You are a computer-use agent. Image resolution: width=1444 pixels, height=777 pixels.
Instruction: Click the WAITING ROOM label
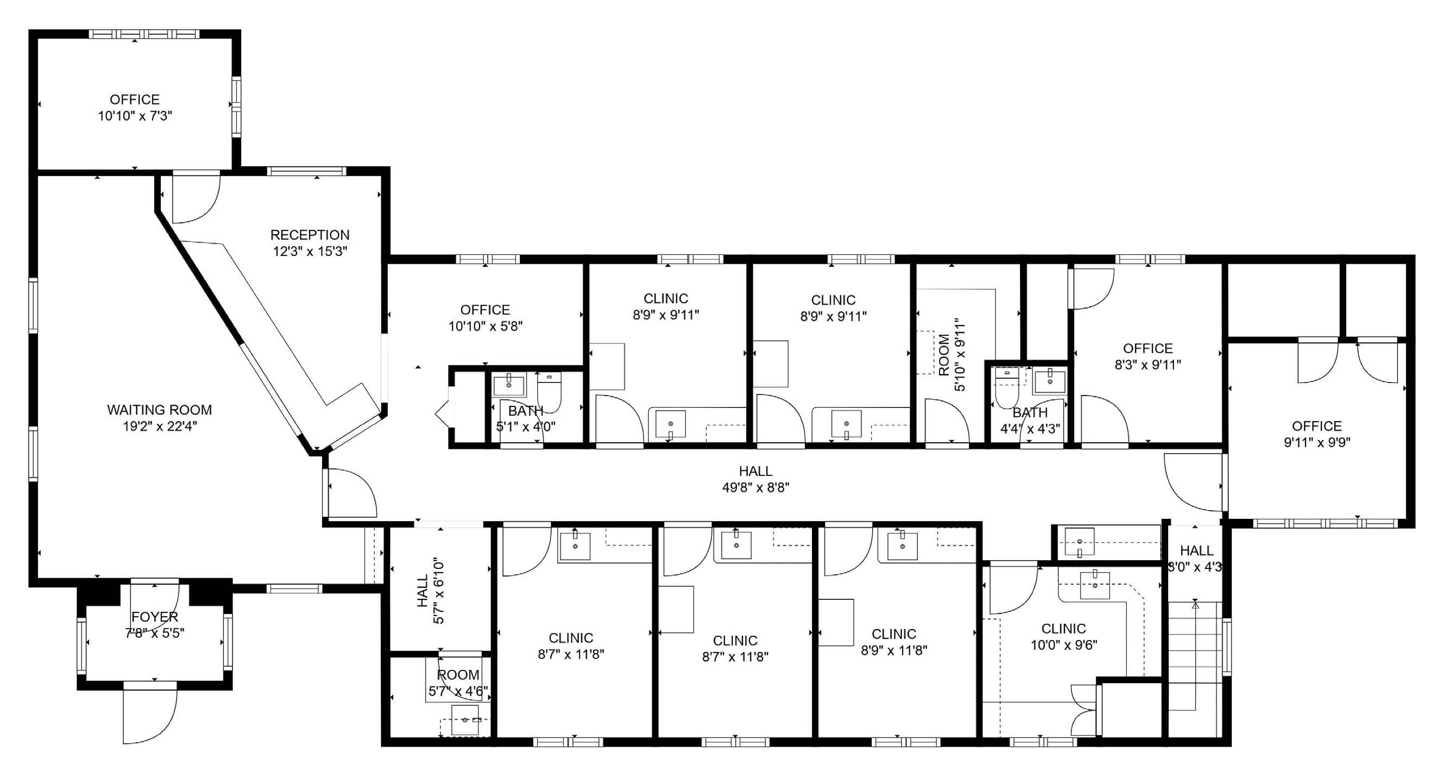[x=160, y=410]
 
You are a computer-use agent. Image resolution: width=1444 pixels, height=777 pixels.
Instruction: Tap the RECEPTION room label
[x=310, y=235]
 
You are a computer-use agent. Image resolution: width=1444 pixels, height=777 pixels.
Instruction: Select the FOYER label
[x=155, y=617]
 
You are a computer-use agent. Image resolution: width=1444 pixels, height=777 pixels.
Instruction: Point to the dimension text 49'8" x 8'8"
[x=756, y=487]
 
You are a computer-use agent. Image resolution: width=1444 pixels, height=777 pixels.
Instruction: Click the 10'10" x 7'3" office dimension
[x=135, y=116]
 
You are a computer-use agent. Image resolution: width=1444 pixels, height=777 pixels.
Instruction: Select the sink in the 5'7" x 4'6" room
[x=465, y=720]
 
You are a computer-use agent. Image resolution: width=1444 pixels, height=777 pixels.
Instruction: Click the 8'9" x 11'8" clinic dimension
[x=894, y=650]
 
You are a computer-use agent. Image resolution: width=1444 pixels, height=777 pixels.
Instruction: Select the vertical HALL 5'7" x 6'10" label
[x=430, y=591]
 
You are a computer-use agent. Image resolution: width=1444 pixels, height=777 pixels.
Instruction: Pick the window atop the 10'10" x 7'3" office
[x=144, y=34]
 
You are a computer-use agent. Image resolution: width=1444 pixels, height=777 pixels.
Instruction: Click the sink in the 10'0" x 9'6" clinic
[x=1095, y=585]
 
